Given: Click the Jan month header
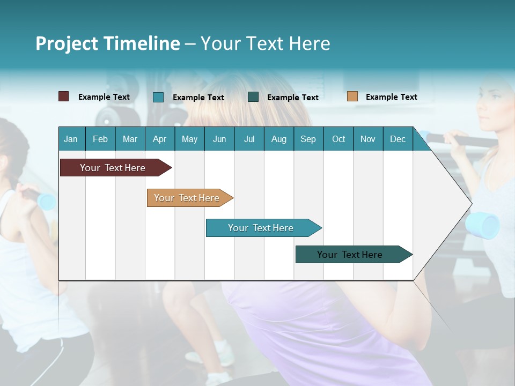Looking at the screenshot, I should coord(71,139).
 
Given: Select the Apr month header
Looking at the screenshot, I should coord(159,139).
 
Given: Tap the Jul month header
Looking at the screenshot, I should coord(249,139).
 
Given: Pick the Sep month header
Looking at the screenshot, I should coord(308,139).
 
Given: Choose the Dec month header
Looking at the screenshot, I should coord(398,139).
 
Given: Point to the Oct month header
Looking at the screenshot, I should coord(339,139).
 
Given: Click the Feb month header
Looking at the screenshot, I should coord(100,139).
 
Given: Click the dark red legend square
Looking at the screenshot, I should coord(64,96).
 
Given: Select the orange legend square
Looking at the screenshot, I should coord(352,96).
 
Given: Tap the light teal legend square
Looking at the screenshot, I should coord(158,97).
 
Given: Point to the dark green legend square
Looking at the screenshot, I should coord(253,97).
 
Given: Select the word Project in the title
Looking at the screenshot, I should coord(68,43).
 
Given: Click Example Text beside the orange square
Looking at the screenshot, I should coord(391,97).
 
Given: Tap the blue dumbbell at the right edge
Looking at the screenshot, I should coord(482,225).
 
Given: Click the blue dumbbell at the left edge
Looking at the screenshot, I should coord(46,201).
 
